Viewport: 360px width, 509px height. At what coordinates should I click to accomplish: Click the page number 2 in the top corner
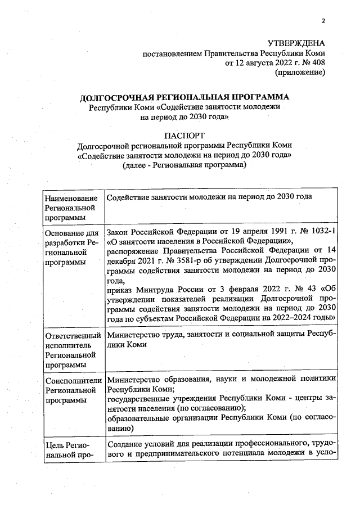[323, 21]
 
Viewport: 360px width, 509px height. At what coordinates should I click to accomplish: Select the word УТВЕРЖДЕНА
[296, 43]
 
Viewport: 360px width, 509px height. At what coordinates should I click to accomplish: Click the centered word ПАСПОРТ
[184, 136]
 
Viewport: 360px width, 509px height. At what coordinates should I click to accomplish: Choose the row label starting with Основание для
[71, 232]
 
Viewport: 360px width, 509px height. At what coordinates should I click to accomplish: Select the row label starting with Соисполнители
[72, 380]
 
